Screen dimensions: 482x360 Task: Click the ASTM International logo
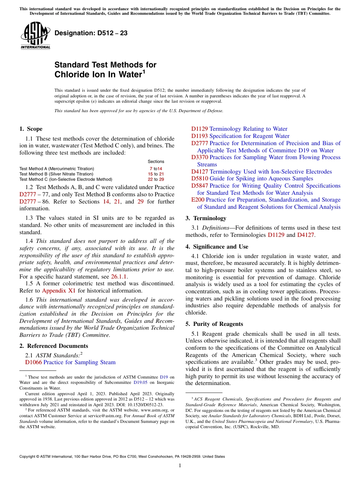(35, 36)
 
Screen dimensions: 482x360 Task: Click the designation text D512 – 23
(91, 33)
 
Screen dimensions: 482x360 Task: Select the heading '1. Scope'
(31, 129)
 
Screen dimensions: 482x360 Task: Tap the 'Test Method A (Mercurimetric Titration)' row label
(57, 169)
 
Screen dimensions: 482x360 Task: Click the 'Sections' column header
(156, 161)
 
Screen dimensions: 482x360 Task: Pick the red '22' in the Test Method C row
(150, 179)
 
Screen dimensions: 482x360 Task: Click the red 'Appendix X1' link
(59, 291)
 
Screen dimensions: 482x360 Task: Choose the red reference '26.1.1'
(119, 277)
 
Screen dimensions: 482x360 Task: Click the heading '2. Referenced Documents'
(54, 346)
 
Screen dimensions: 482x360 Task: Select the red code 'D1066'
(33, 362)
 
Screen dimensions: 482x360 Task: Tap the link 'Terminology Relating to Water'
(248, 129)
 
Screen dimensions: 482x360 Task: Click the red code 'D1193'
(199, 136)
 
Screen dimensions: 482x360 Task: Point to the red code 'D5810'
(199, 178)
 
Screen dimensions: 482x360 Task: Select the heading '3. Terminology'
(206, 218)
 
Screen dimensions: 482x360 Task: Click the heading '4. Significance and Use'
(217, 247)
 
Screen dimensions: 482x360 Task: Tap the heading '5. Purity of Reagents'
(214, 324)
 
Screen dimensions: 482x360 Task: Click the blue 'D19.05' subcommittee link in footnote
(140, 383)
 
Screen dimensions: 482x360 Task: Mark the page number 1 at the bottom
(180, 466)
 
